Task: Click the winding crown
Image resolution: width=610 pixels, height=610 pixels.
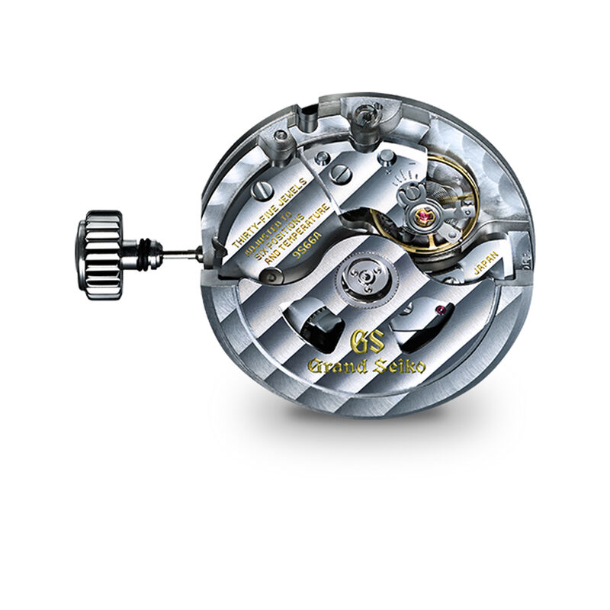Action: tap(104, 255)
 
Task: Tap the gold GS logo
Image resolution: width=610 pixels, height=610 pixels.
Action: tap(365, 342)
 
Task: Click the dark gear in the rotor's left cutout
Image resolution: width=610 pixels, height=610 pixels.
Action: tap(320, 324)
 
